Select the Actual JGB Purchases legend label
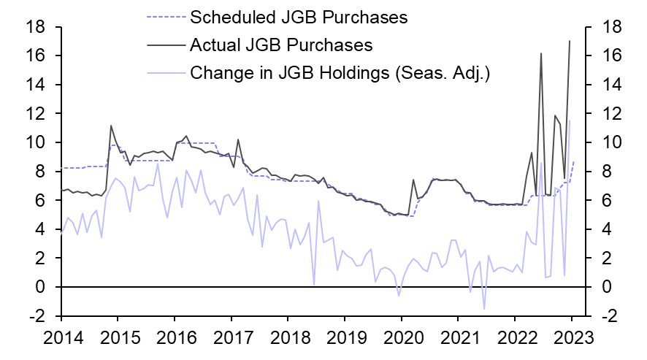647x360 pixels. tap(281, 45)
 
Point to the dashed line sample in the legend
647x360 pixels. tap(164, 16)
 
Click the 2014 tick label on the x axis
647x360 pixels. tap(61, 338)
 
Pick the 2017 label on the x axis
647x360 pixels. tap(231, 338)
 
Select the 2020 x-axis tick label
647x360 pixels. tap(401, 338)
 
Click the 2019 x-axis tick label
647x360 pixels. tap(344, 338)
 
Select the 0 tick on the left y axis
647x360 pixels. tap(42, 288)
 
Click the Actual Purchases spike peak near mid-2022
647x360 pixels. tap(541, 53)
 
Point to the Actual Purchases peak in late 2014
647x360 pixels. tap(110, 126)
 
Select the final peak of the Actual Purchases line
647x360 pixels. tap(570, 41)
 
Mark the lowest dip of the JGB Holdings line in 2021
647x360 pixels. tap(483, 309)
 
